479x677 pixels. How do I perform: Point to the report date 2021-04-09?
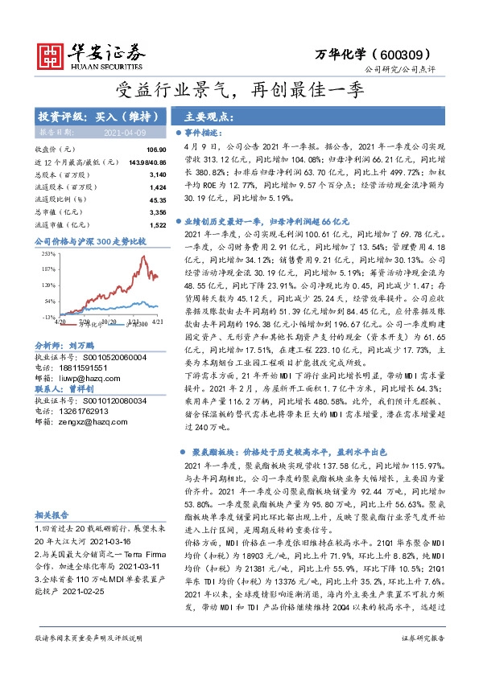[123, 130]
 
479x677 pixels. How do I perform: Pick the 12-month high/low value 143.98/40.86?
[142, 162]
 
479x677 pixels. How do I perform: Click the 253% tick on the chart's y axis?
[48, 252]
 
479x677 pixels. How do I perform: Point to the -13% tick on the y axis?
[48, 318]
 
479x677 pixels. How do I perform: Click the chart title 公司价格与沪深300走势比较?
[90, 240]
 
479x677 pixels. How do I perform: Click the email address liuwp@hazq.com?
[88, 375]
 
